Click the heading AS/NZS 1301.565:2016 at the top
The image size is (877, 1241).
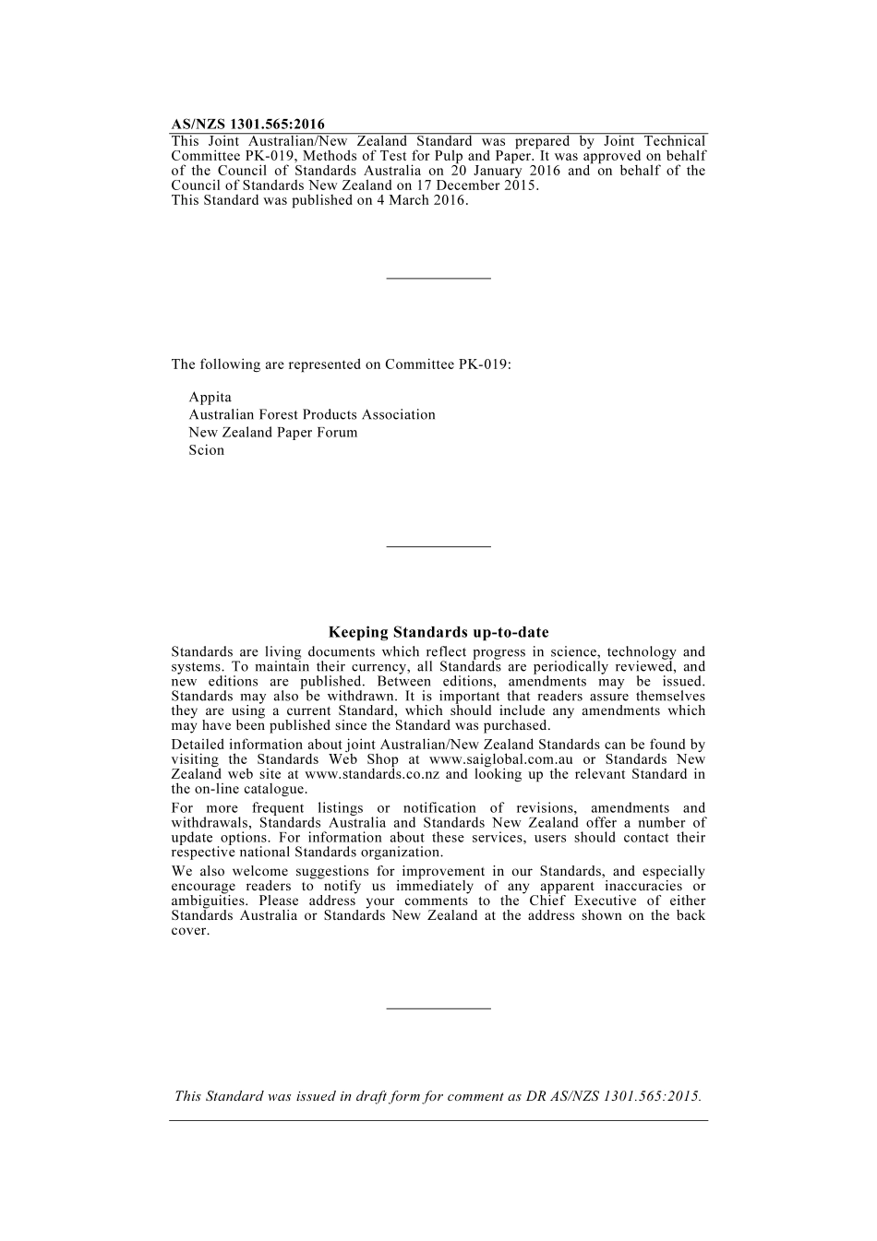(247, 125)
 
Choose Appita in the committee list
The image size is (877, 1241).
(210, 398)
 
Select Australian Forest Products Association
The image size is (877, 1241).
(311, 415)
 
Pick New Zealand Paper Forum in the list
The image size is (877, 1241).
(272, 433)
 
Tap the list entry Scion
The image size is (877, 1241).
(206, 450)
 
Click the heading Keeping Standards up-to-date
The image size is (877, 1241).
(438, 633)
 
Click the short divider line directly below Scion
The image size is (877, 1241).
(438, 547)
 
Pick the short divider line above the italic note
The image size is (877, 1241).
(438, 1008)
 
